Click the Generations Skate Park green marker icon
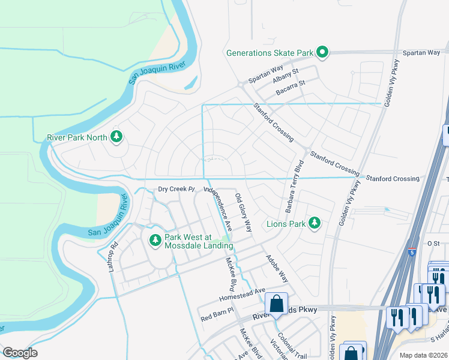(x=322, y=53)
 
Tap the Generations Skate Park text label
(x=270, y=53)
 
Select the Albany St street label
(x=285, y=76)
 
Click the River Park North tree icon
(x=116, y=137)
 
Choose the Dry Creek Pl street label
(x=177, y=190)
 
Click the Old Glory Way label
(x=243, y=213)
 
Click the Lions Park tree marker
(x=313, y=224)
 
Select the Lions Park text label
(x=286, y=226)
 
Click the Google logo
(x=20, y=352)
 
